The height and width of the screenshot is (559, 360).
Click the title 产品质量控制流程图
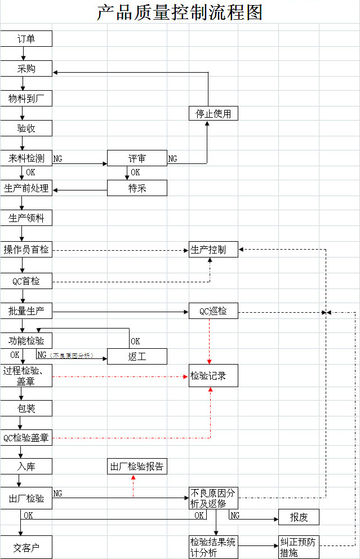pos(180,12)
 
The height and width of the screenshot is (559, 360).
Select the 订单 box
pos(26,39)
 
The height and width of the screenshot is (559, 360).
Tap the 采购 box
pos(26,69)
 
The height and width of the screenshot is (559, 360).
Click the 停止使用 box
pos(213,113)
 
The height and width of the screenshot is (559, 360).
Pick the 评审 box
pos(137,158)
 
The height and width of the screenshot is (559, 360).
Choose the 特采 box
pos(137,188)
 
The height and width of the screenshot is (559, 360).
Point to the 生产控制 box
pos(213,249)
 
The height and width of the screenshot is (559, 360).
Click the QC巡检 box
pos(213,310)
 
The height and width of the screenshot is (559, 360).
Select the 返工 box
pos(137,356)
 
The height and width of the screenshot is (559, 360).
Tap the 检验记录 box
pos(213,375)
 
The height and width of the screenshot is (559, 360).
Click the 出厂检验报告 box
pos(137,467)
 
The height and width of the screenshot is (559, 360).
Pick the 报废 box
pos(299,517)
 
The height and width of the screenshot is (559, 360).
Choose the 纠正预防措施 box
pos(299,547)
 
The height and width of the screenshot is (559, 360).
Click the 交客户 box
pos(26,547)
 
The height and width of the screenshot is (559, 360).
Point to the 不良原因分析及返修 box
pos(213,498)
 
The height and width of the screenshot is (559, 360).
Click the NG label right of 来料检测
pos(58,159)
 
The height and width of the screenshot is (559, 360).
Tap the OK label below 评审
pos(135,172)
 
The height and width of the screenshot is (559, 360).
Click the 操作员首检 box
pos(26,250)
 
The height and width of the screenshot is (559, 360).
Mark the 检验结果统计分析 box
pos(213,547)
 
